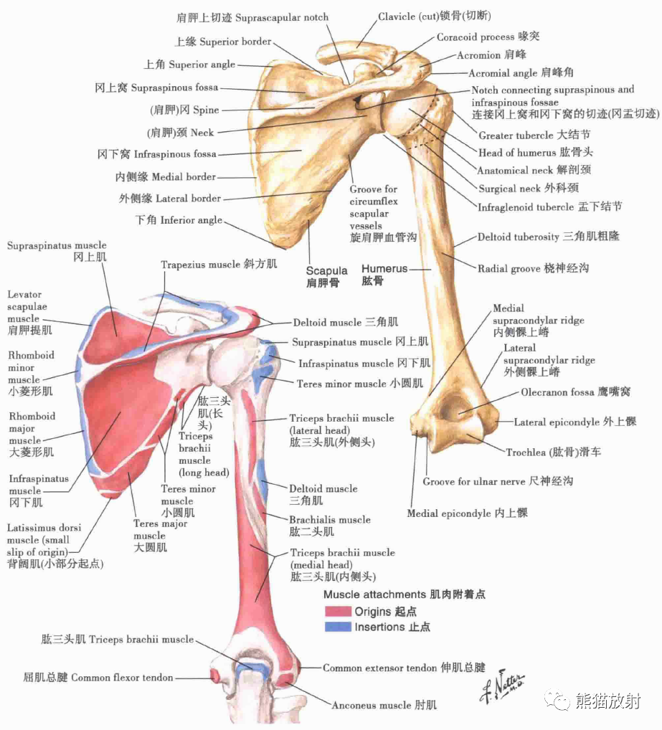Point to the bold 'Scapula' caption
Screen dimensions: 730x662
326,271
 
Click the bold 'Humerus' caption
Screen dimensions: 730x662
384,269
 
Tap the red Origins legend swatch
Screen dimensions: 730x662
336,612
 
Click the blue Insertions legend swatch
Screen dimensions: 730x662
336,627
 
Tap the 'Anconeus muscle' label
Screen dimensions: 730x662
384,706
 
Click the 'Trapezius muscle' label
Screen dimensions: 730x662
219,265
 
